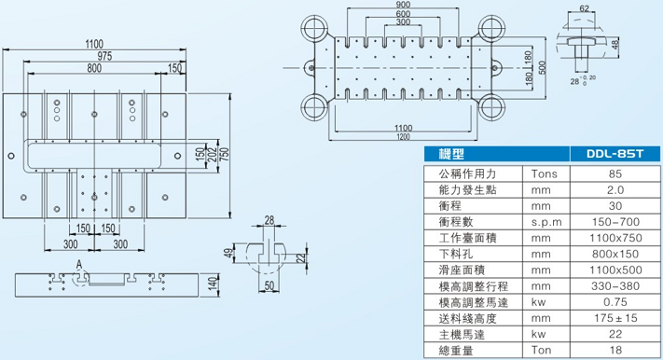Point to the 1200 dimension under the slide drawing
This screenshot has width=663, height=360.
tap(402, 138)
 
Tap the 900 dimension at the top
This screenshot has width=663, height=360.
tap(402, 5)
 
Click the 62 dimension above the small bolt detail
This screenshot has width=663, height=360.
tap(585, 8)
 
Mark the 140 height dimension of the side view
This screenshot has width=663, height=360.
tap(213, 284)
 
